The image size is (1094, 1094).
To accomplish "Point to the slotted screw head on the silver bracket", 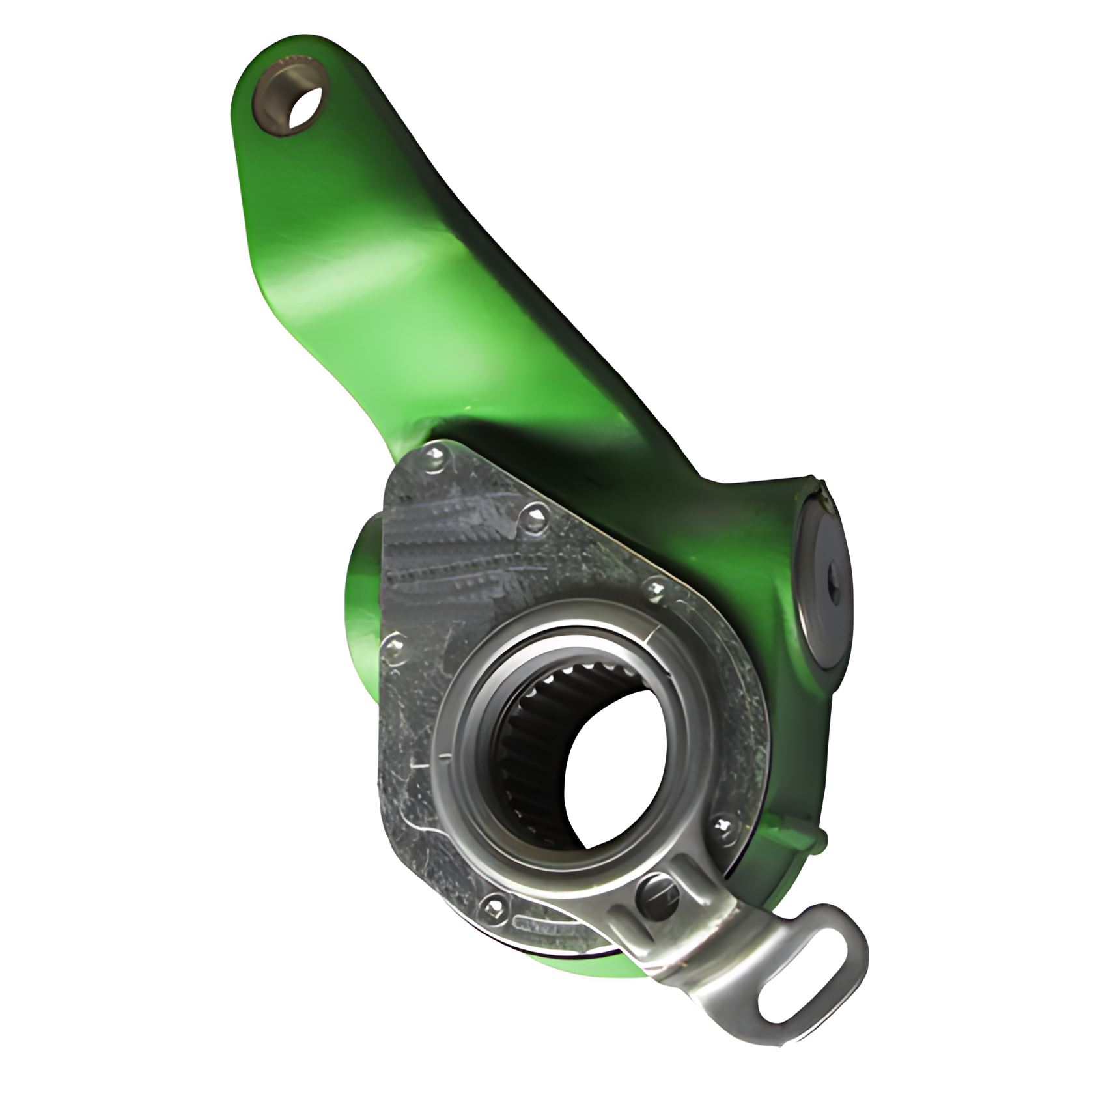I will pos(657,892).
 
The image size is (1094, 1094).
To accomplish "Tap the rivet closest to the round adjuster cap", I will pos(656,590).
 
